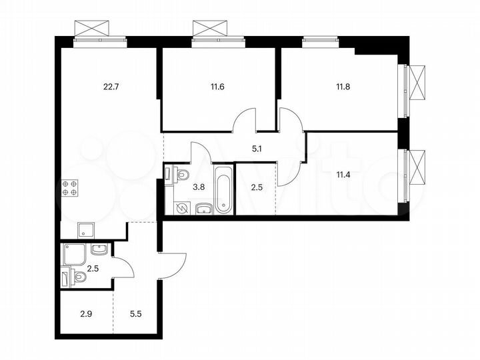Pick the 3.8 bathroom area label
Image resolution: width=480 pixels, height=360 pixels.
tap(198, 187)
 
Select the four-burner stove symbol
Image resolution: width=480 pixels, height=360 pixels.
tap(69, 187)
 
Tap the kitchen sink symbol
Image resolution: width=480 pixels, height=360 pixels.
tap(85, 230)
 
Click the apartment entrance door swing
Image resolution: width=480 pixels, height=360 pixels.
tap(172, 264)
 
